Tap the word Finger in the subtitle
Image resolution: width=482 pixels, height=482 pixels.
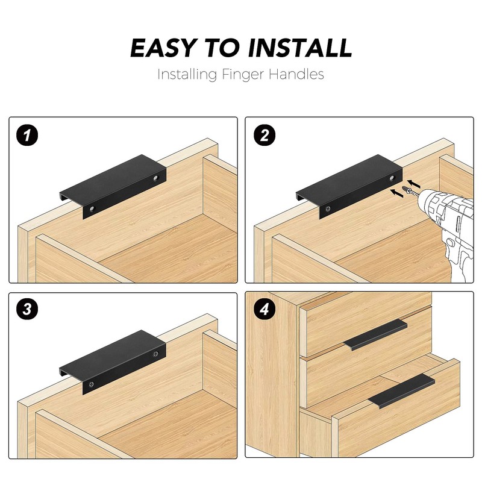(249, 75)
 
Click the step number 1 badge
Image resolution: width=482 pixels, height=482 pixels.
(27, 134)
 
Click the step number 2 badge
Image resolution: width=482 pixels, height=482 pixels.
(262, 134)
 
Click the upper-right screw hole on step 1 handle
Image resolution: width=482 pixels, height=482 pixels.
(155, 178)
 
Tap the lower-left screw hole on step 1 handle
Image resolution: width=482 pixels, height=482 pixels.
(92, 208)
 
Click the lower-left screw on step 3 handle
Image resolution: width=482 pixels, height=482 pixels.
(92, 383)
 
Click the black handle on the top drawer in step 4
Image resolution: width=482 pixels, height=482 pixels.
(375, 335)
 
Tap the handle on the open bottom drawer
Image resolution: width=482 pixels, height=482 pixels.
(401, 391)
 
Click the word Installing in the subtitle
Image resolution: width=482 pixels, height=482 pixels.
(186, 75)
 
